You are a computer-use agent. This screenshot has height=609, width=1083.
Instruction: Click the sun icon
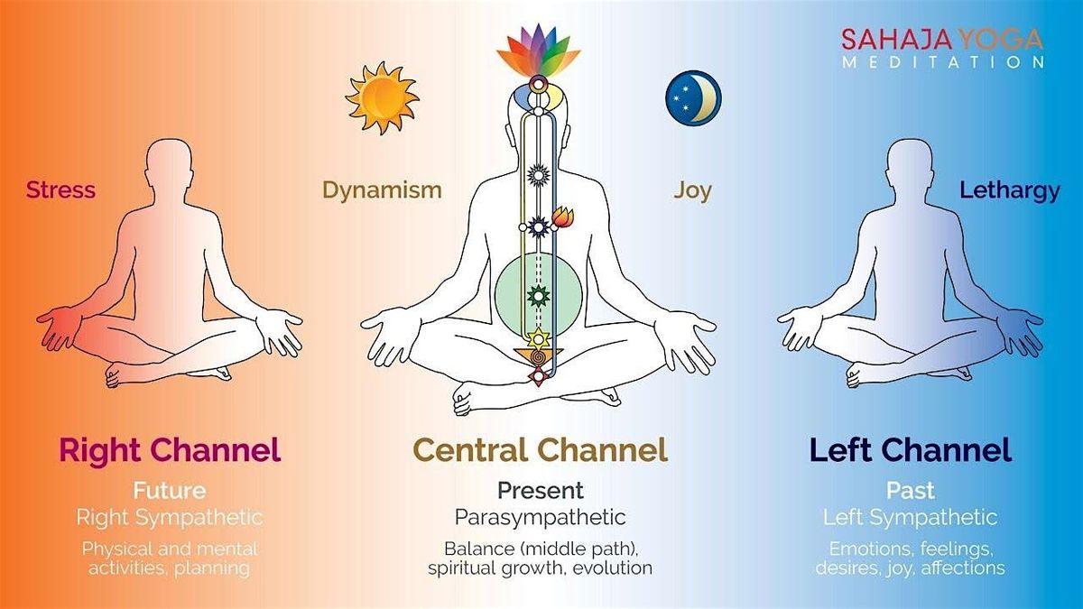pos(382,98)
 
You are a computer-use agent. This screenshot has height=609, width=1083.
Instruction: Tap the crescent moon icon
pos(693,98)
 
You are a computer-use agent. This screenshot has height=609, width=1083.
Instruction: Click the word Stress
pos(61,189)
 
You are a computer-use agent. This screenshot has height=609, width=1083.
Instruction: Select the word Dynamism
pos(382,189)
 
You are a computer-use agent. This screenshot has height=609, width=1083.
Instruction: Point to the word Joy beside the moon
pos(692,190)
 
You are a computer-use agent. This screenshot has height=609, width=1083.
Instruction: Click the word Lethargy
pos(1010,190)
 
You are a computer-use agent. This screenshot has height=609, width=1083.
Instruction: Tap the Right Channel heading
pos(170,450)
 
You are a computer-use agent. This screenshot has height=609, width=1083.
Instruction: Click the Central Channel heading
pos(541,449)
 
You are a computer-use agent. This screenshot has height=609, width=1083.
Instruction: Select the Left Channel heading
pos(911,450)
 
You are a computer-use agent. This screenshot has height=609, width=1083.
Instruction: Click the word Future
pos(170,491)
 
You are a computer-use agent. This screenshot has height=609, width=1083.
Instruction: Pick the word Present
pos(541,491)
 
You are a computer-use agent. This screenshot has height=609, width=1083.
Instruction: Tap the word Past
pos(911,491)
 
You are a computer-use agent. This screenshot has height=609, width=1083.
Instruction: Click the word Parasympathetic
pos(541,518)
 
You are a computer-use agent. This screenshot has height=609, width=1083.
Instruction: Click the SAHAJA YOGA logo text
pos(942,39)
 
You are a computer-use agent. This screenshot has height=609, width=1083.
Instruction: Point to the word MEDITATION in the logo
pos(943,62)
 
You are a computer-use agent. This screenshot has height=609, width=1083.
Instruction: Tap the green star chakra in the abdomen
pos(538,294)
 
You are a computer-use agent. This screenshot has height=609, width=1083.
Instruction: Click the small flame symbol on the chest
pos(563,217)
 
